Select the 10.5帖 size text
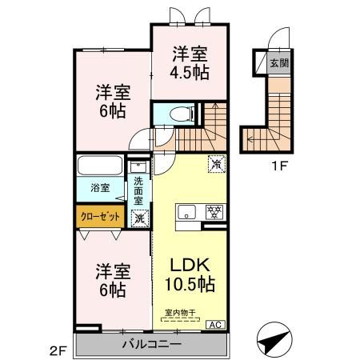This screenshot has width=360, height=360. coord(190,284)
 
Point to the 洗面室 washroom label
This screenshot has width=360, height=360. coord(140,190)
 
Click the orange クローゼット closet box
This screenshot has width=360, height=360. coord(100,216)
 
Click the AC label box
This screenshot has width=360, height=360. coord(215,324)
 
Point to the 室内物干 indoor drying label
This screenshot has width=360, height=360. coord(181,313)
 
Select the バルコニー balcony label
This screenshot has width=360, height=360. coord(151,345)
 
